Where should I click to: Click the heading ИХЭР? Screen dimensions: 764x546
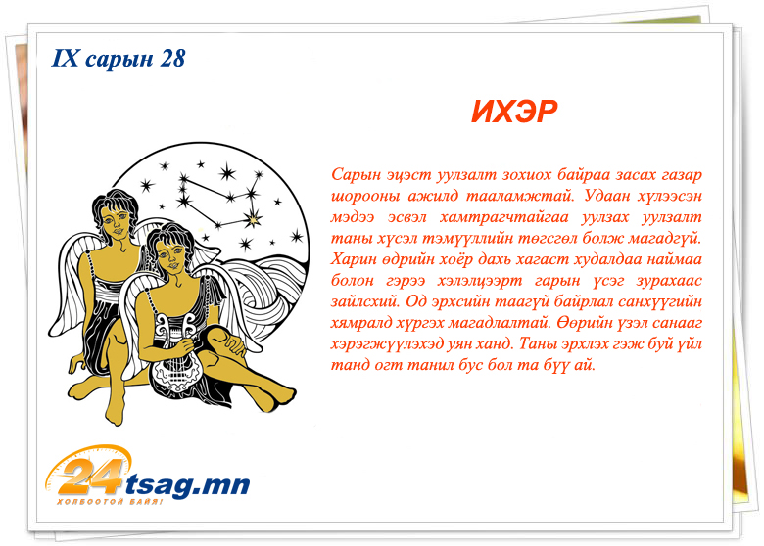click(x=514, y=112)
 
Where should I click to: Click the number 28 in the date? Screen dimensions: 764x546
click(x=172, y=58)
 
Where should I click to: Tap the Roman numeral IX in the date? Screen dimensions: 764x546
click(x=65, y=58)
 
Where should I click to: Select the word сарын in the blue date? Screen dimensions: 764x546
click(x=119, y=59)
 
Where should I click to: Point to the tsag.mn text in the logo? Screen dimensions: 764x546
click(x=187, y=484)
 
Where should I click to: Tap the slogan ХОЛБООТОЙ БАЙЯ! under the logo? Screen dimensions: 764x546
click(x=110, y=502)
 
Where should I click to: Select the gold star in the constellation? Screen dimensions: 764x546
click(x=253, y=220)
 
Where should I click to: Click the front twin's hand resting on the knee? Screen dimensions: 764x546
click(x=233, y=343)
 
